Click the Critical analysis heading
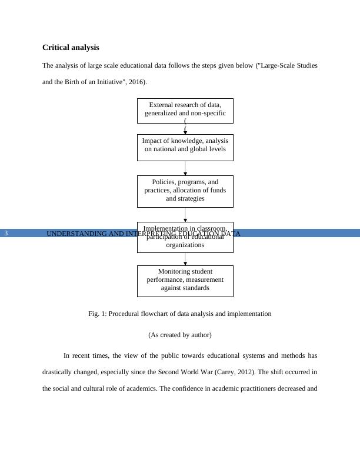71,47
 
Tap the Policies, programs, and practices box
185,191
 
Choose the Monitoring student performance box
185,281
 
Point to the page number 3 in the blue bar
6,234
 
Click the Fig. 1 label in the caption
98,314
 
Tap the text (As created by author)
180,335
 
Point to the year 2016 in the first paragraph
136,82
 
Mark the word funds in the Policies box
215,191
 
